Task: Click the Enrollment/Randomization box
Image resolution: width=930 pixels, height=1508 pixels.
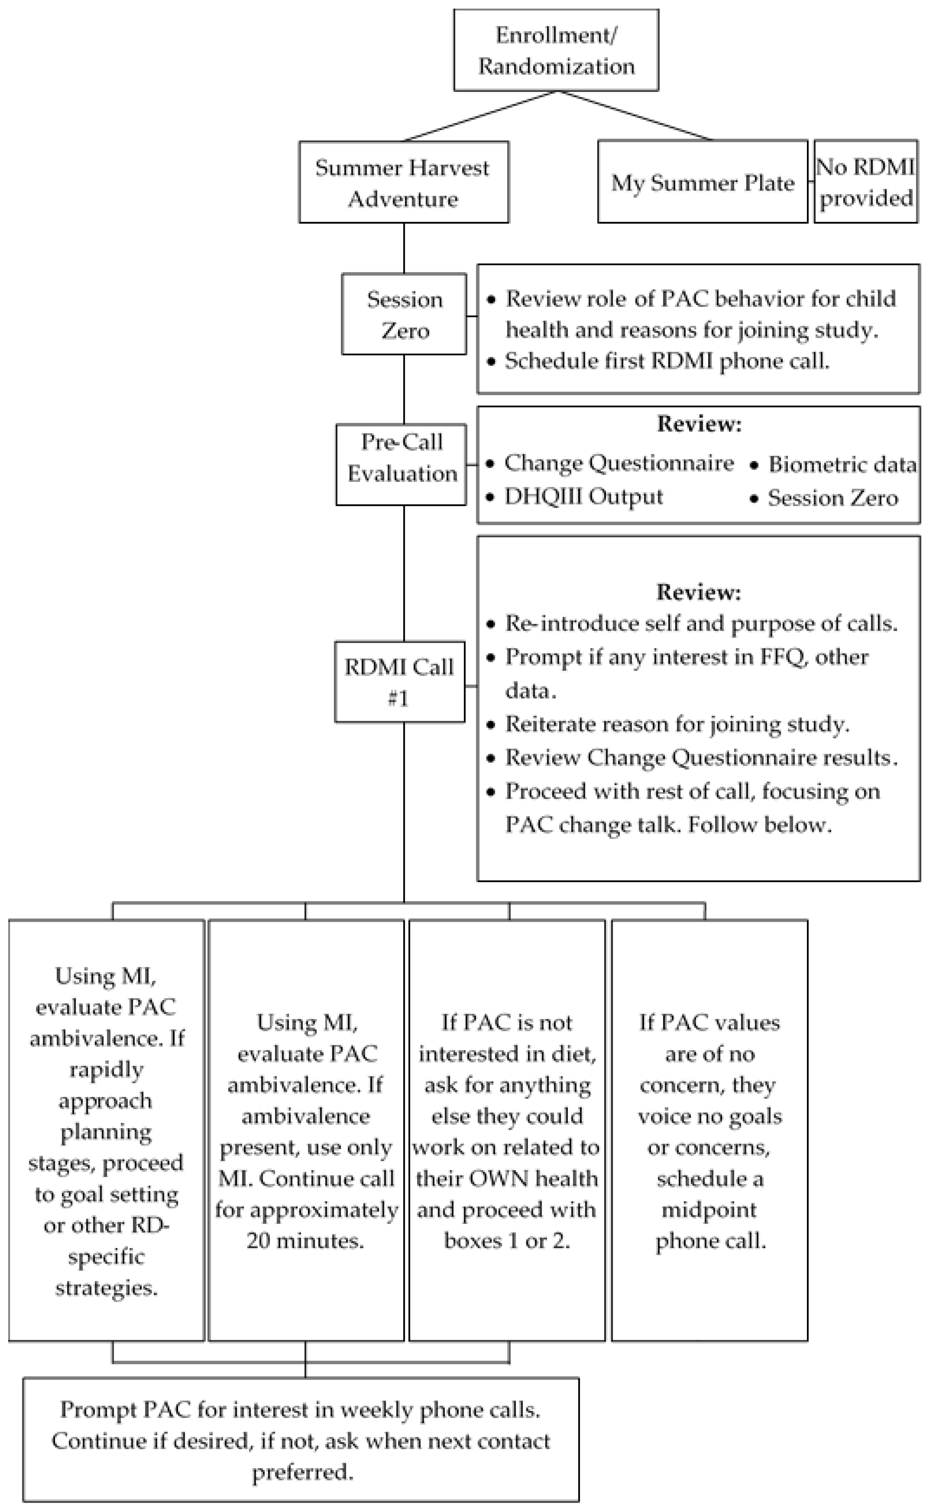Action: coord(556,50)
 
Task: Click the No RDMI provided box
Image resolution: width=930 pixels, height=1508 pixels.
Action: coord(865,182)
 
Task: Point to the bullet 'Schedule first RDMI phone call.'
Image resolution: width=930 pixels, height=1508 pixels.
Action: coord(667,361)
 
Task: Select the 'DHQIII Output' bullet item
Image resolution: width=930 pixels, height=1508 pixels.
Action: coord(583,496)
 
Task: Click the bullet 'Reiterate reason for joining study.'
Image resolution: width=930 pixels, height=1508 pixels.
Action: coord(677,724)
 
